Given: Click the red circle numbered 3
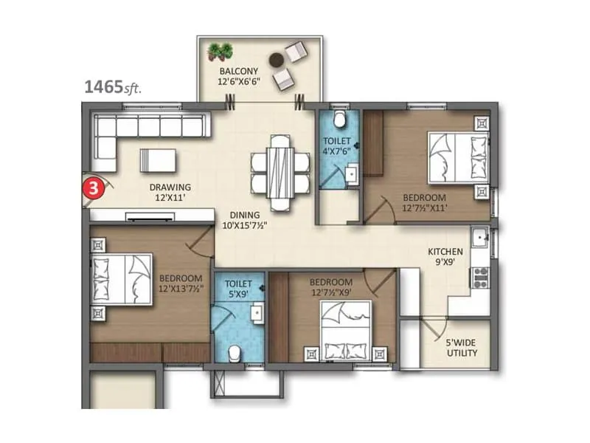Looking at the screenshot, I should (x=93, y=187).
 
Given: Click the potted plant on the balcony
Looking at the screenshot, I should (x=219, y=52).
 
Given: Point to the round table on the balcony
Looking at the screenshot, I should (x=277, y=60).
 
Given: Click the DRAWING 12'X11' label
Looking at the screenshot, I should (x=170, y=192).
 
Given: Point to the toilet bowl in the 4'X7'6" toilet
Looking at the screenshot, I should (x=339, y=120).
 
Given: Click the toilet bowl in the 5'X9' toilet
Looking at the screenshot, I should (x=234, y=352).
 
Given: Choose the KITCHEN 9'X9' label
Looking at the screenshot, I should (x=445, y=257).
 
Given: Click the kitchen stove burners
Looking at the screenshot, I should (x=480, y=278).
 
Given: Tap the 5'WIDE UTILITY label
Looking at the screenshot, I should (x=462, y=347).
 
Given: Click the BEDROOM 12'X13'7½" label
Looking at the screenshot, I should (x=181, y=284).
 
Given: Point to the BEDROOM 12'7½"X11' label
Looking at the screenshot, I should (x=424, y=202).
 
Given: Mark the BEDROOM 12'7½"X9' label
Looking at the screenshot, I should (x=330, y=287).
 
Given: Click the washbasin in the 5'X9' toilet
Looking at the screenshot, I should (x=257, y=314).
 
